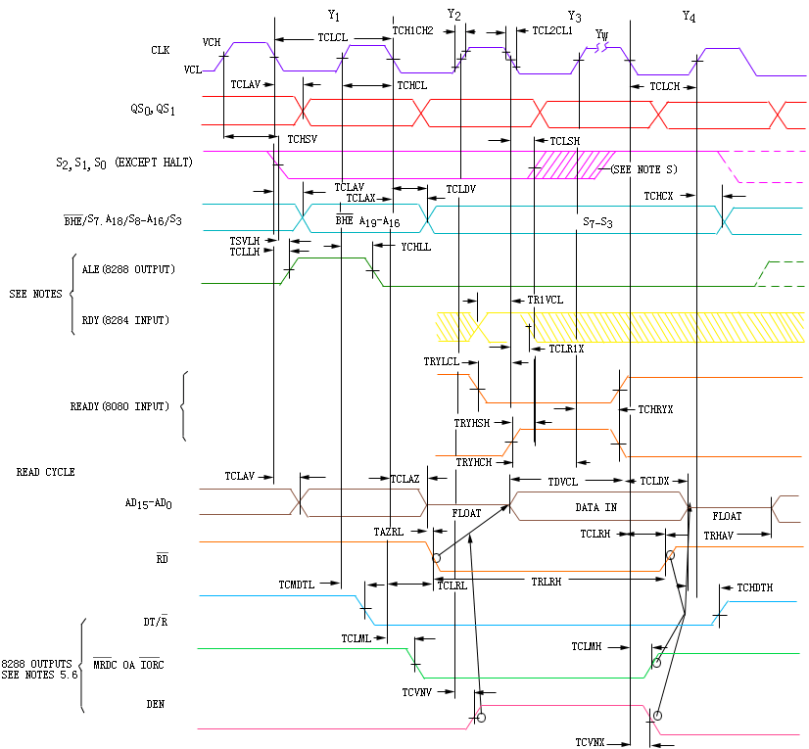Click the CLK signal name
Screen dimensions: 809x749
click(x=161, y=50)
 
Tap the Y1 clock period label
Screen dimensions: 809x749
click(x=334, y=16)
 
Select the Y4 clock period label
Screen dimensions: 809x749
click(x=689, y=17)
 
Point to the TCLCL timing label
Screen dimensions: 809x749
click(x=333, y=37)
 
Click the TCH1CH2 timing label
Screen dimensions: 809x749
click(x=412, y=30)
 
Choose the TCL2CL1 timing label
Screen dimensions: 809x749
click(x=552, y=30)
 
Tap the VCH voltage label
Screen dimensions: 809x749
click(x=212, y=42)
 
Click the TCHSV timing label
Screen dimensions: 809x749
click(x=303, y=139)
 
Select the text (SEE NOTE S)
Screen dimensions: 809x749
click(x=643, y=169)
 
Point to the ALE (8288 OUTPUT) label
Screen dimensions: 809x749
click(x=128, y=269)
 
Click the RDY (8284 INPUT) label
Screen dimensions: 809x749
click(x=125, y=320)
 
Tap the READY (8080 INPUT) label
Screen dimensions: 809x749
click(x=119, y=406)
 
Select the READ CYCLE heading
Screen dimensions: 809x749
click(x=45, y=472)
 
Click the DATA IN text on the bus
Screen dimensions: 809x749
click(x=595, y=507)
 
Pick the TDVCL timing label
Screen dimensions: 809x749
click(x=563, y=482)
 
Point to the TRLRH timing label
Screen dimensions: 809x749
click(x=547, y=582)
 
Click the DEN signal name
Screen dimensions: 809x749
click(x=156, y=704)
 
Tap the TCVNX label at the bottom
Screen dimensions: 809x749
click(x=590, y=742)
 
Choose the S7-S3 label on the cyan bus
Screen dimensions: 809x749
click(x=597, y=222)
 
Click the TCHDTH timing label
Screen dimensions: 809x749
click(x=755, y=587)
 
